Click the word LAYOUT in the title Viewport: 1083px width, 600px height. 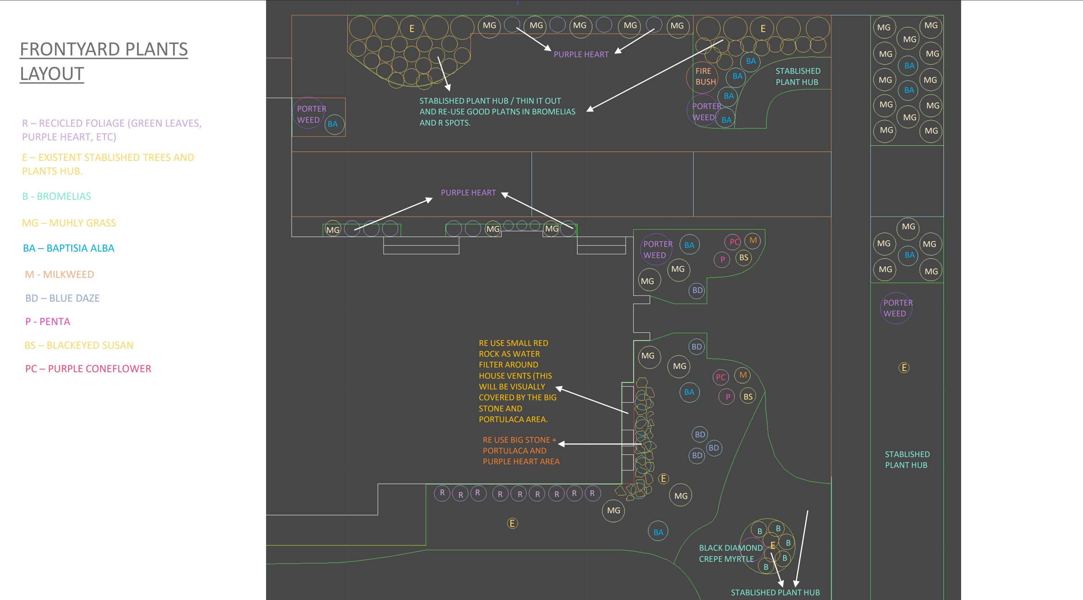(52, 74)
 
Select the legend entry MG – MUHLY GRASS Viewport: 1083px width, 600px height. (69, 223)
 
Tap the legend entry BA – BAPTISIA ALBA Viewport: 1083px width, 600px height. (69, 248)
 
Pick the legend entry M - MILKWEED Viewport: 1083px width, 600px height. (59, 274)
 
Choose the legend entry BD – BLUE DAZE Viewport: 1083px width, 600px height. (62, 298)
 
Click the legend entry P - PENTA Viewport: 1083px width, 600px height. (47, 321)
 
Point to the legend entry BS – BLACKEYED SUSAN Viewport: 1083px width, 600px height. (79, 346)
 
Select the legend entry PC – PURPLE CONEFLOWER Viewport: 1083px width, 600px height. (88, 369)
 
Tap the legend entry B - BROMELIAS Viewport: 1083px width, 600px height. (56, 196)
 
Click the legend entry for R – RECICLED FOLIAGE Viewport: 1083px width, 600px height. (112, 130)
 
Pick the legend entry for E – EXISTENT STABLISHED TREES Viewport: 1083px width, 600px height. (108, 164)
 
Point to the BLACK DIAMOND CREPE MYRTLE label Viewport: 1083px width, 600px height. (730, 553)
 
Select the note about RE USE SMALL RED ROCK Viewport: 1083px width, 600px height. (517, 381)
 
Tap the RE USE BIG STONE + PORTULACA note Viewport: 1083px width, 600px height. (521, 451)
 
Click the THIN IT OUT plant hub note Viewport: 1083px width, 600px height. (497, 112)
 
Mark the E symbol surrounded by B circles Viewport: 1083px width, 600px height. (773, 545)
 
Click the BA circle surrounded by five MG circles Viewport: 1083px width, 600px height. (909, 255)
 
